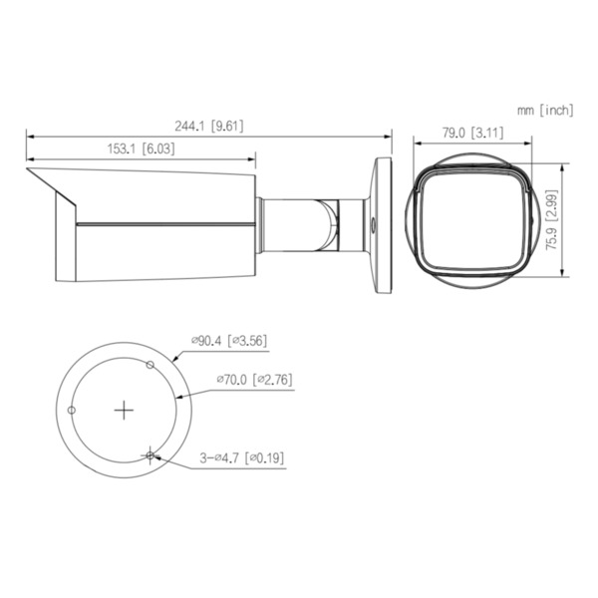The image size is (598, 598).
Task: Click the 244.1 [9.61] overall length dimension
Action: (x=209, y=126)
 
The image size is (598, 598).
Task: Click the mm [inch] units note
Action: (x=545, y=109)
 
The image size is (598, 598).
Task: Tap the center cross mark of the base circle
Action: (x=124, y=411)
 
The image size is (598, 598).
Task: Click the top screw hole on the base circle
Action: (x=149, y=366)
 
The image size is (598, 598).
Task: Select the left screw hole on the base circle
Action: (x=72, y=411)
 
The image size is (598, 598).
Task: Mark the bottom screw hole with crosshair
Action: (x=149, y=455)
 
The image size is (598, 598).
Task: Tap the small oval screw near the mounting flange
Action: (x=373, y=223)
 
